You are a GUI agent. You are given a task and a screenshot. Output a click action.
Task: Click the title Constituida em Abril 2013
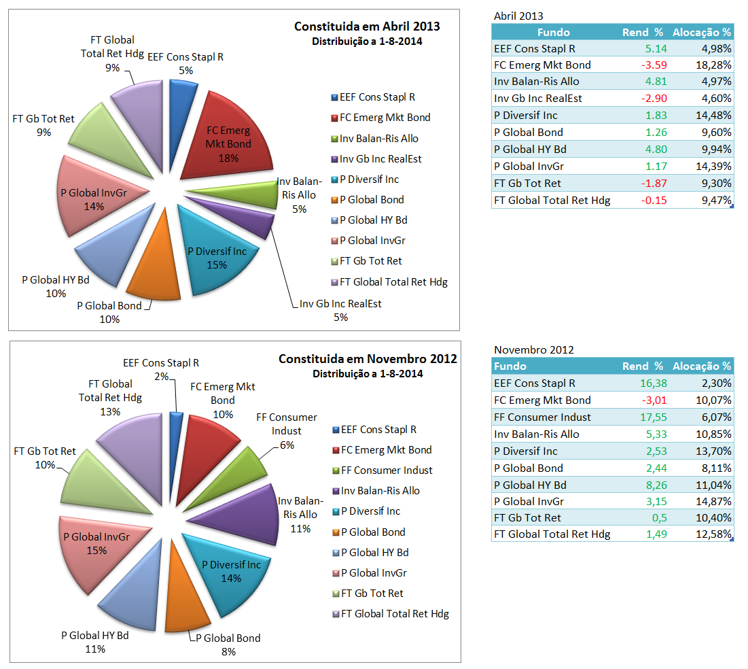pyautogui.click(x=367, y=27)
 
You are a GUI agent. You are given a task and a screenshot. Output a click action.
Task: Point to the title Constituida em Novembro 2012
pyautogui.click(x=368, y=358)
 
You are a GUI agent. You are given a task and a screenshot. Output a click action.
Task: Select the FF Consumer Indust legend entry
pyautogui.click(x=387, y=470)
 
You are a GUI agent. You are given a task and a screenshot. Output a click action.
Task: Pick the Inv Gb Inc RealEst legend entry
pyautogui.click(x=380, y=159)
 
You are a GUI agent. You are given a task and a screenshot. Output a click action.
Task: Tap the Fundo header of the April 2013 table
pyautogui.click(x=553, y=32)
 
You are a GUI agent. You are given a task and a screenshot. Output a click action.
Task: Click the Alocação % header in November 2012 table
pyautogui.click(x=702, y=366)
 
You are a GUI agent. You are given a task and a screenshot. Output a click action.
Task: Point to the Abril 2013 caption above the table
pyautogui.click(x=518, y=16)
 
